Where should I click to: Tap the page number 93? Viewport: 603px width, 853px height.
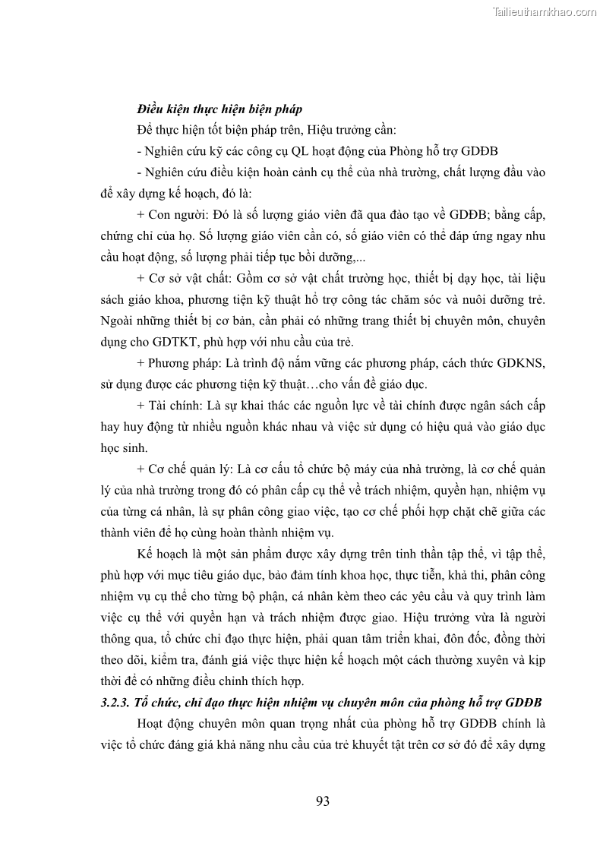(322, 801)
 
